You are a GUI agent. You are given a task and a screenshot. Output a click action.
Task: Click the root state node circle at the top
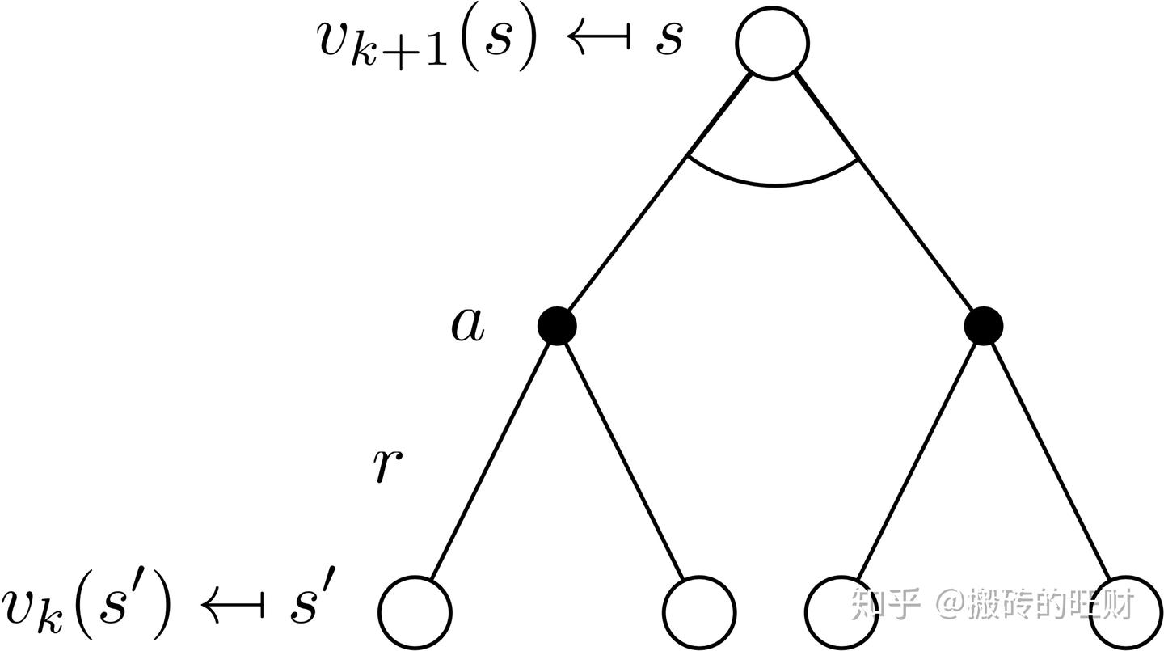[x=772, y=43]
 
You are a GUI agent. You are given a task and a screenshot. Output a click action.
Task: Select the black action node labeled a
[x=557, y=326]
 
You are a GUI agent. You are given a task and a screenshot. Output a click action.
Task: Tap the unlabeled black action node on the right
[x=983, y=326]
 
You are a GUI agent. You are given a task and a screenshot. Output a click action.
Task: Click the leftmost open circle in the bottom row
[x=415, y=612]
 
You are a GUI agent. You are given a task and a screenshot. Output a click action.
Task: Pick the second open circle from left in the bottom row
[x=699, y=612]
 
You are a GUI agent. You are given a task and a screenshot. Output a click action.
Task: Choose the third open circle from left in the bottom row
[x=841, y=612]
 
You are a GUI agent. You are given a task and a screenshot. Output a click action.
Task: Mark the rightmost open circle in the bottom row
[x=1125, y=612]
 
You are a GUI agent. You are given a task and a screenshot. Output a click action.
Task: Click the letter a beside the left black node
[x=468, y=325]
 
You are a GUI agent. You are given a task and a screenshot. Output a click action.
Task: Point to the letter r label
[x=388, y=466]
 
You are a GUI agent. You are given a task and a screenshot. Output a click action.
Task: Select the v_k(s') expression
[x=86, y=608]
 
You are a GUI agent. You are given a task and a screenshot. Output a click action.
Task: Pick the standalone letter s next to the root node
[x=669, y=39]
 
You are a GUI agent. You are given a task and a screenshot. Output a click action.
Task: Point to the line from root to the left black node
[x=658, y=193]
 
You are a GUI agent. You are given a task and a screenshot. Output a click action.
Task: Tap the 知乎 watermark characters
[x=885, y=604]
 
